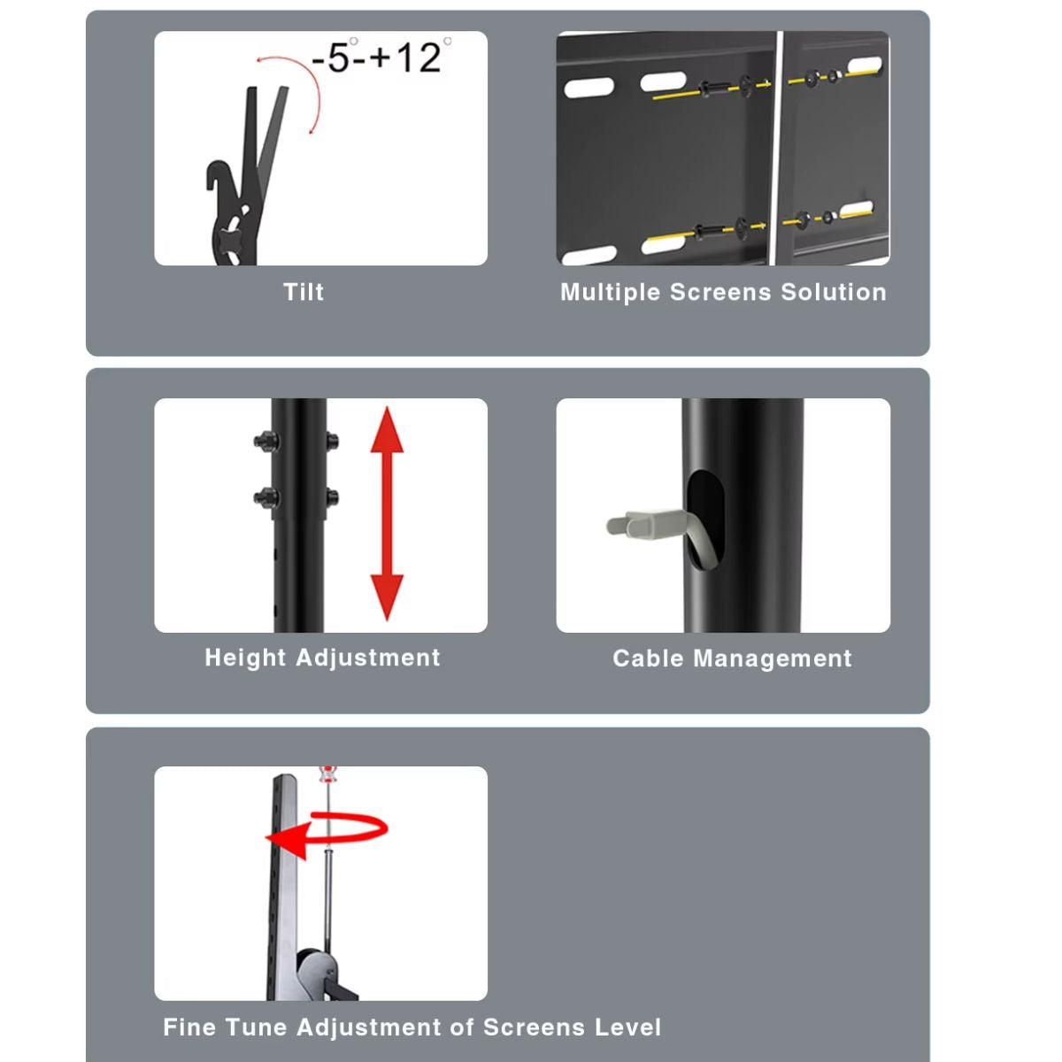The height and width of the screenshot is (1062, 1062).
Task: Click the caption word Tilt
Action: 304,292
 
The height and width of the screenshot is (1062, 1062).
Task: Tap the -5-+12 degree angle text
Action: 379,58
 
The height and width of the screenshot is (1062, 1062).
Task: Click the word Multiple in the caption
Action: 611,293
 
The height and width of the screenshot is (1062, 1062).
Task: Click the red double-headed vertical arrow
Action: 387,513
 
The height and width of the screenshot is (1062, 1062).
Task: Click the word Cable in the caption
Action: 648,659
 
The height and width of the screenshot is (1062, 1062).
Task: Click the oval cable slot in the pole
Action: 705,518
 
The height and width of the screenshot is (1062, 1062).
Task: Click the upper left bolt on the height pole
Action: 265,441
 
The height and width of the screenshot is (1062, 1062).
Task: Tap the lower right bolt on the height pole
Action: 332,496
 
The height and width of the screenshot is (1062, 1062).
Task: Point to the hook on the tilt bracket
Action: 218,177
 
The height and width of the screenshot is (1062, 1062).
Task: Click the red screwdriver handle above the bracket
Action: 328,775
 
